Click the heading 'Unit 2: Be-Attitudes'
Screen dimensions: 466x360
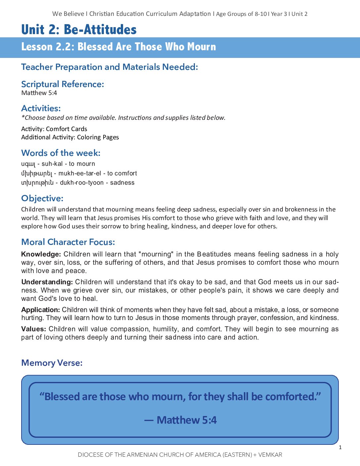click(x=79, y=29)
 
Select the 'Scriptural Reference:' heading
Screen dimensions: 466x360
click(x=63, y=84)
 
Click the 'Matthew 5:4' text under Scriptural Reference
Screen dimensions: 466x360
click(x=39, y=93)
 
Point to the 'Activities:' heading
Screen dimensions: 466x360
click(x=41, y=108)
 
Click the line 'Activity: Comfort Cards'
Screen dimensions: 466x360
click(x=54, y=129)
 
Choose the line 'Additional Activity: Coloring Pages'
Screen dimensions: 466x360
click(x=70, y=137)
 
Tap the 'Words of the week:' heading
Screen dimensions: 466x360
click(x=61, y=153)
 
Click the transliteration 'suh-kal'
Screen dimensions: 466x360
click(x=52, y=164)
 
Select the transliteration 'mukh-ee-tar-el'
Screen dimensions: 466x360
click(x=80, y=173)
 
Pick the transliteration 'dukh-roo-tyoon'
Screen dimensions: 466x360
click(x=82, y=183)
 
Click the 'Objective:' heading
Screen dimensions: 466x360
click(x=42, y=198)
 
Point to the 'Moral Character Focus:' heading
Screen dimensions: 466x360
click(x=68, y=242)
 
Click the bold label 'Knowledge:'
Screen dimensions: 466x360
click(x=41, y=254)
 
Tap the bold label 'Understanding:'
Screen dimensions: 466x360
click(x=47, y=282)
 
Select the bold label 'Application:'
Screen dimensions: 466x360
click(x=41, y=310)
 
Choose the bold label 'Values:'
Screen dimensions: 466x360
click(x=33, y=329)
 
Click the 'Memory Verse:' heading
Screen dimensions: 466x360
click(x=52, y=363)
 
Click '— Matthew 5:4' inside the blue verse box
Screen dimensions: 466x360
click(x=180, y=420)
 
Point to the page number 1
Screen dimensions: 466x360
click(x=340, y=447)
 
